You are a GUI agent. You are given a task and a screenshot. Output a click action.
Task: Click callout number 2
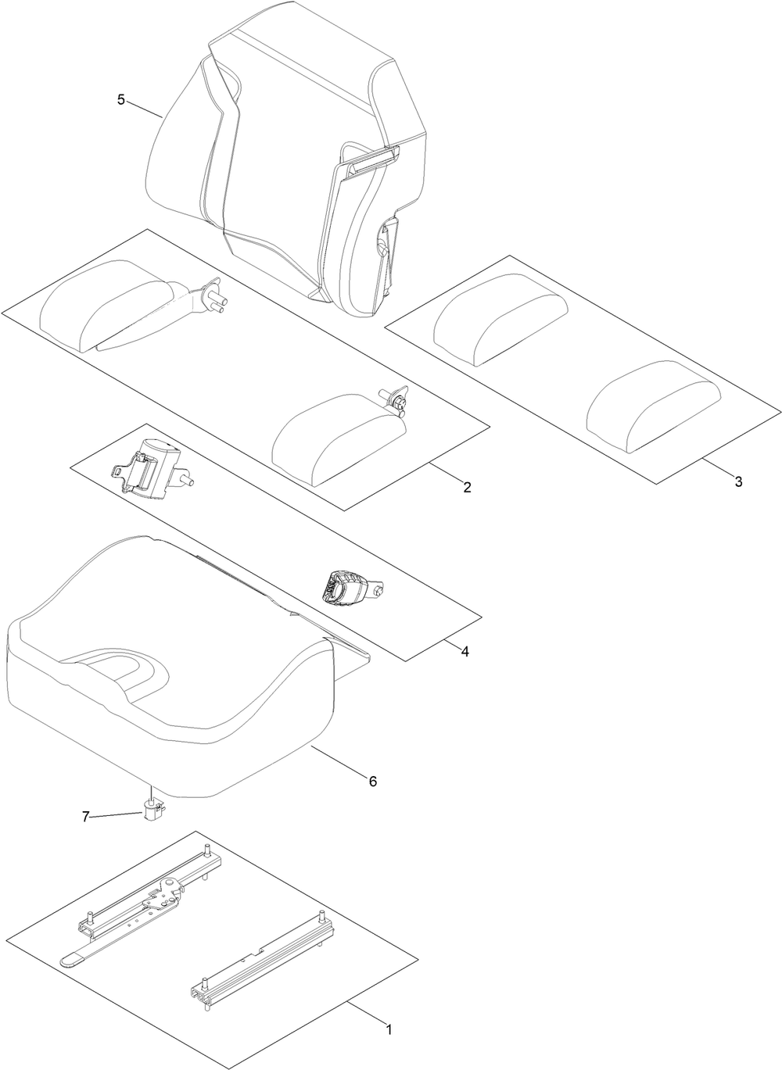(467, 488)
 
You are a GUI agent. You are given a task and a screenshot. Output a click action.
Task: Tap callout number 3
(737, 481)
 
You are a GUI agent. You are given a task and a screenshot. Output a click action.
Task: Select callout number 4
(465, 650)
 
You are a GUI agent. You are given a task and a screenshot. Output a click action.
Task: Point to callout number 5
(120, 99)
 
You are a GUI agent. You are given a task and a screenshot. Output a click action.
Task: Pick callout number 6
(373, 781)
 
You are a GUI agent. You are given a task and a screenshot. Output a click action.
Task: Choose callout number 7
(86, 817)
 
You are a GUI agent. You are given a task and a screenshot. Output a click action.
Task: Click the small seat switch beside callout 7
(152, 813)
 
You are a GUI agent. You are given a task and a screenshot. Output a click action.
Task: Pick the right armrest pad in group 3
(651, 404)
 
